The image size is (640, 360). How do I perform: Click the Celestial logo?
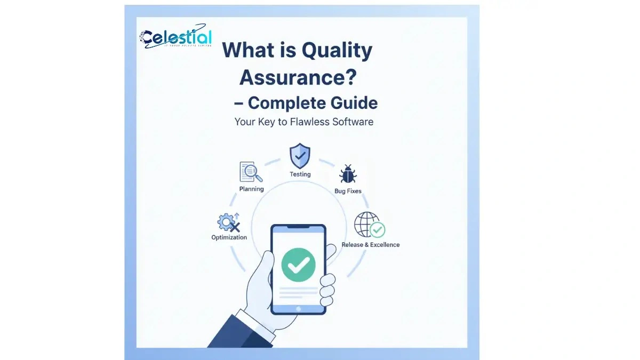coord(175,37)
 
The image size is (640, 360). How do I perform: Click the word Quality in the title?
coord(337,51)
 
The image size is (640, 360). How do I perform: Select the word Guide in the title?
coord(351,102)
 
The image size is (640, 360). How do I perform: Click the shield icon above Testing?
coord(300,156)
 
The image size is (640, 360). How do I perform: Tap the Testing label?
coord(300,174)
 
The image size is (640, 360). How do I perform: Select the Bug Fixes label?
coord(348,191)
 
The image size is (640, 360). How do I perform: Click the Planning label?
coord(251,189)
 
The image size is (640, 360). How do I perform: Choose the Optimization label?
coord(229,237)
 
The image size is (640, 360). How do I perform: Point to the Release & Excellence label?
coord(370,245)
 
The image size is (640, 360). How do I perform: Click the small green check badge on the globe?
coord(378,230)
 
